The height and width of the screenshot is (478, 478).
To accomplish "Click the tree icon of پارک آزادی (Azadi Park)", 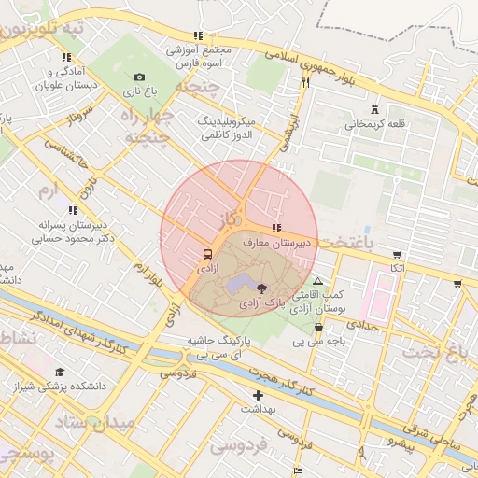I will [x=261, y=288].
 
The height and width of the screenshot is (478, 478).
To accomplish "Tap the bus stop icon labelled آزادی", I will [x=206, y=253].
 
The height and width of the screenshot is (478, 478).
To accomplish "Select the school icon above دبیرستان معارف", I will [x=275, y=229].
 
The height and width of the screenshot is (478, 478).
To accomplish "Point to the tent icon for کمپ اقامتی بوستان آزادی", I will [x=318, y=280].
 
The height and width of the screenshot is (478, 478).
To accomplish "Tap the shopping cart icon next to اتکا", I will [x=398, y=254].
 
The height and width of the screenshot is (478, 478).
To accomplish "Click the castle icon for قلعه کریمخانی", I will [x=374, y=109].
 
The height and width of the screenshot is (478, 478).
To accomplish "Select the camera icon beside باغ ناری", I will [x=139, y=77].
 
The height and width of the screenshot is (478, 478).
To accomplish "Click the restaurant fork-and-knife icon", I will [x=304, y=82].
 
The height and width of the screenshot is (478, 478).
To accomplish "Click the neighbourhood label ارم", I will [x=47, y=190].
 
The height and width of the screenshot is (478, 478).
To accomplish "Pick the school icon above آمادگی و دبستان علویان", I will [x=66, y=57].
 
